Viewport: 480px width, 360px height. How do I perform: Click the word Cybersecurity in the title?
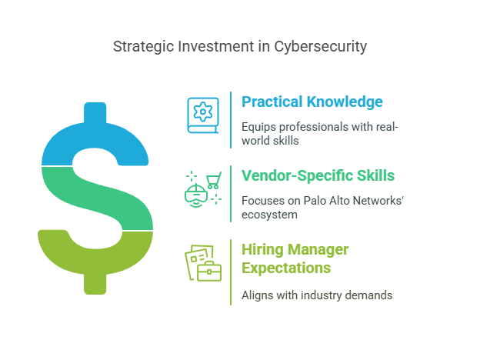tap(320, 47)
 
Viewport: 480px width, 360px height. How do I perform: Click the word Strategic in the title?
tap(143, 47)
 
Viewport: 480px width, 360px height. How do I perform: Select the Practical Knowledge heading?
tap(312, 102)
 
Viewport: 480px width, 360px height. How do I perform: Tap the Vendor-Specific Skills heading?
tap(318, 175)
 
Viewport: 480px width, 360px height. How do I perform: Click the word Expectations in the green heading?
tap(286, 268)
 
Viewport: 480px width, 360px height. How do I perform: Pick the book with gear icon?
tap(203, 115)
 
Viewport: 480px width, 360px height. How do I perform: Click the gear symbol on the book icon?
tap(202, 112)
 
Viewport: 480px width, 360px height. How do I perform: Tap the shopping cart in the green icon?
tap(214, 180)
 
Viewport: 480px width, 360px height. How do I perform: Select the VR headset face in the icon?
tap(196, 195)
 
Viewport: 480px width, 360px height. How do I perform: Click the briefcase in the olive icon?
tap(209, 272)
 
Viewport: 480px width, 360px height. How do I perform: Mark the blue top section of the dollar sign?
tap(95, 138)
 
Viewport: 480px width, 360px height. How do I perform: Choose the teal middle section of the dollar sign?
tap(98, 198)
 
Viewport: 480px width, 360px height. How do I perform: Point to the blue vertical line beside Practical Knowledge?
tap(231, 120)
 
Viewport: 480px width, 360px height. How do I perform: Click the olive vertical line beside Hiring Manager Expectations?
tap(231, 272)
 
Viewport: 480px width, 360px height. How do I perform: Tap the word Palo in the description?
tap(315, 201)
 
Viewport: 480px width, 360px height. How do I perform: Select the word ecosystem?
tap(269, 215)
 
